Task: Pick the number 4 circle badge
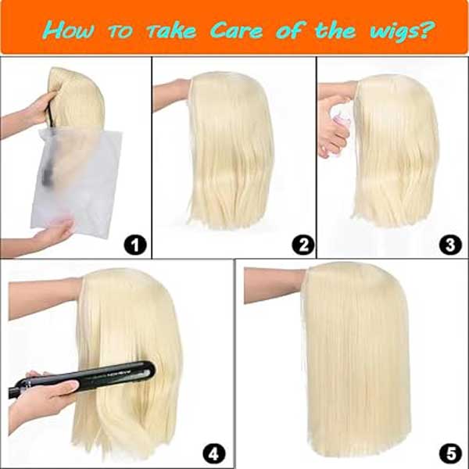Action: pos(213,452)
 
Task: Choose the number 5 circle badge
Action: pos(448,452)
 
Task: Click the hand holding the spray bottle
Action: pos(333,137)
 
